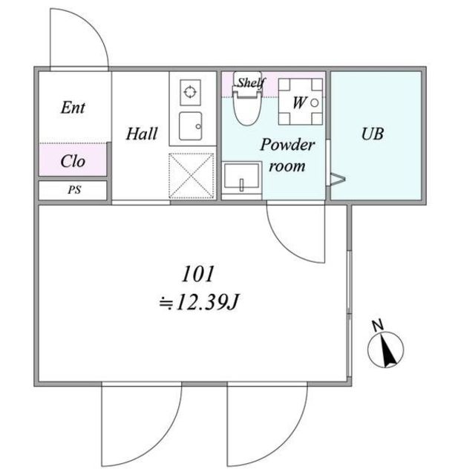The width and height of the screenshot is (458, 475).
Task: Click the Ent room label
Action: tap(73, 108)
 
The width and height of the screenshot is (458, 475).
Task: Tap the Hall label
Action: tap(142, 134)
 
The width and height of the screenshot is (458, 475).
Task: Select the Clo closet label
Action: tap(73, 161)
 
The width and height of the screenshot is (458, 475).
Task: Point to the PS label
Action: tap(74, 190)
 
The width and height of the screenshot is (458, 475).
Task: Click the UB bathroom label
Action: tap(373, 134)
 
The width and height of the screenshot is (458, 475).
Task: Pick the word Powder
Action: tap(287, 145)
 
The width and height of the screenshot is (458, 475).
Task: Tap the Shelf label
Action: tap(250, 82)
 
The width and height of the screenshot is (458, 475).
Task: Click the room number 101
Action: tap(198, 274)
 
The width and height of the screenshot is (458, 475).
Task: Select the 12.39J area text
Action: tap(207, 302)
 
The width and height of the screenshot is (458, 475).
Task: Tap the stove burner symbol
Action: tap(190, 92)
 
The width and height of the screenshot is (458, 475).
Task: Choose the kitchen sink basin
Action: tap(191, 126)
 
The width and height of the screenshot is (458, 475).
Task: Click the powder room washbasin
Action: tap(242, 177)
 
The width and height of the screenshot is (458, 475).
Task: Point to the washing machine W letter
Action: tap(299, 102)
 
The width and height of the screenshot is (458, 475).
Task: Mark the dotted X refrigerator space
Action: tap(191, 176)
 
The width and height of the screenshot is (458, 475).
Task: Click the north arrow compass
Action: tap(385, 350)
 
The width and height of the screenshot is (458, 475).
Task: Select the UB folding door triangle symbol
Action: tap(338, 179)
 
